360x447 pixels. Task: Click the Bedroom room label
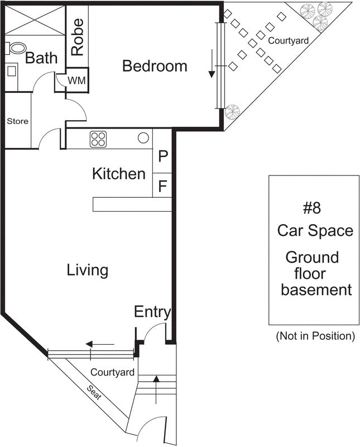pos(155,66)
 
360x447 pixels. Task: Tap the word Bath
pos(41,58)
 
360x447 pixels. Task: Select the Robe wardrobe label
pos(78,37)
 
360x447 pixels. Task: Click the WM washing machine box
pos(76,80)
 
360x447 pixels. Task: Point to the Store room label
pos(17,121)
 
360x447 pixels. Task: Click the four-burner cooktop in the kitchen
pos(99,139)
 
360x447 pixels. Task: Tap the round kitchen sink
pos(143,137)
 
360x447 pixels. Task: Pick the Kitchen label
pos(118,174)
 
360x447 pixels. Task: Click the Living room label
pos(87,270)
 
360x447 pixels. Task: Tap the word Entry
pos(152,312)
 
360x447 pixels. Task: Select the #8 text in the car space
pos(312,209)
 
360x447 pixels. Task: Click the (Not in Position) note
pos(315,336)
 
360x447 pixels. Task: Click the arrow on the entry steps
pos(156,386)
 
